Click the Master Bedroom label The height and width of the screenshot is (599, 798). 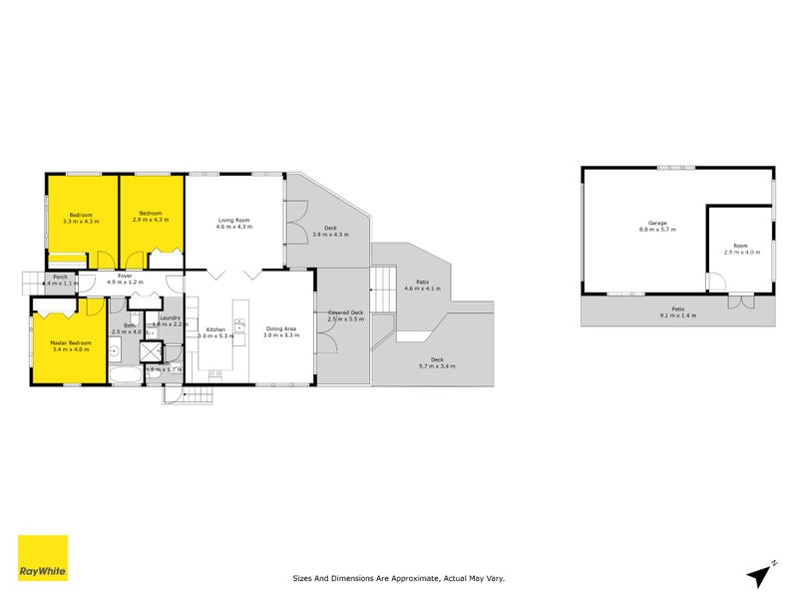tap(71, 342)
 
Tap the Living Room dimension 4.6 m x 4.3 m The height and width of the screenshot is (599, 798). tap(234, 227)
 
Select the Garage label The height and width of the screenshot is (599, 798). tap(657, 223)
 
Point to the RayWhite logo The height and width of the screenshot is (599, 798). tap(43, 559)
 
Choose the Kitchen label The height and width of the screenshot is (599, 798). tap(216, 328)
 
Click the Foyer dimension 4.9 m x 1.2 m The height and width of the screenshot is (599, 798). tap(126, 283)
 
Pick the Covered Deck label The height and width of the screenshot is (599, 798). tap(345, 312)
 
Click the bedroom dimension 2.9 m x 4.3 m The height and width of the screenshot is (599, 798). tap(152, 221)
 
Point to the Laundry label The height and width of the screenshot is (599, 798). tap(169, 317)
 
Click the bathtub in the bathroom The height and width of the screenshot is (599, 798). tap(126, 376)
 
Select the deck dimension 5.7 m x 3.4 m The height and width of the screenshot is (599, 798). tap(436, 366)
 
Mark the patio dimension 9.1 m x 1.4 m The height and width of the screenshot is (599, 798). tap(677, 314)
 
